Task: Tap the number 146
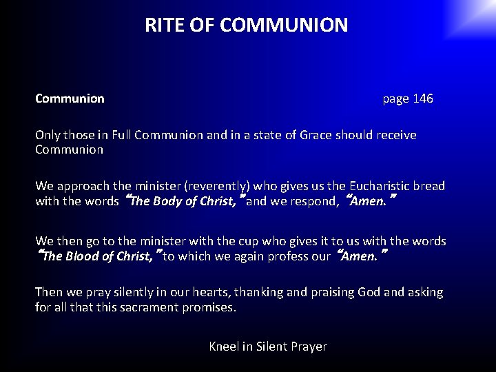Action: click(x=423, y=99)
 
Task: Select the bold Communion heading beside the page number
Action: click(x=70, y=99)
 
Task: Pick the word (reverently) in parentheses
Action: click(x=215, y=186)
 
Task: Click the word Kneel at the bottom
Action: click(x=223, y=347)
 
